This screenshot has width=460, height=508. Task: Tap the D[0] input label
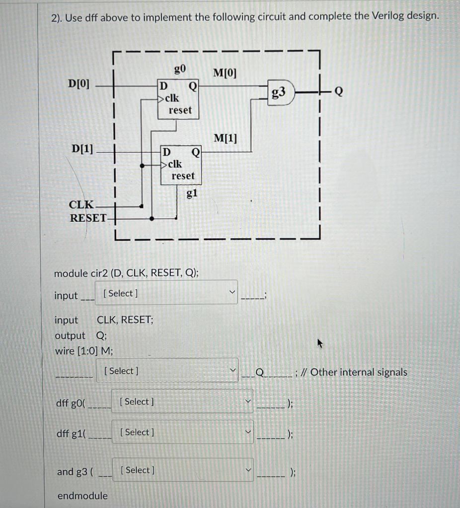[79, 83]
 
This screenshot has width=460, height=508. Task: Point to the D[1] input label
[82, 148]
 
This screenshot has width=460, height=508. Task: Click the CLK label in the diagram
[81, 204]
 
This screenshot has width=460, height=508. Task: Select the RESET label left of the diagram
[88, 217]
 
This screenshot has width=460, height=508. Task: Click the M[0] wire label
[225, 73]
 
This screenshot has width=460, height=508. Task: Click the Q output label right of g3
[339, 92]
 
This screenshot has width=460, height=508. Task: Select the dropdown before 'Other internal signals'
[167, 371]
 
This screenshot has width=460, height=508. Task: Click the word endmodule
[82, 496]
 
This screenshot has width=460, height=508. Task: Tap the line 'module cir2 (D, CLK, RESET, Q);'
[127, 273]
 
